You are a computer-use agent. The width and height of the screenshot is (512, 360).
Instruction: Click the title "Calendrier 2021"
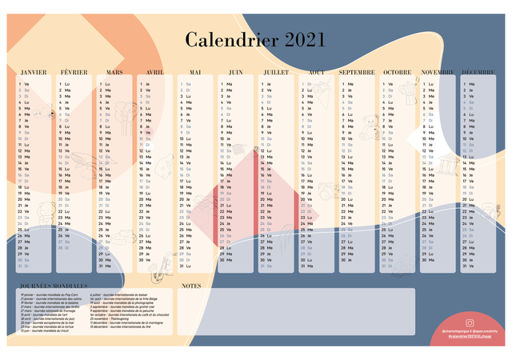(255, 40)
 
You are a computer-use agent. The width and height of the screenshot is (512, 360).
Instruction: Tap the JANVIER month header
(33, 72)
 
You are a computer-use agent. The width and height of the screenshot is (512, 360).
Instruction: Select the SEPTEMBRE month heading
(357, 72)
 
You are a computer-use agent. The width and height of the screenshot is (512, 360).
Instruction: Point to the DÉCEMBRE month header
(478, 72)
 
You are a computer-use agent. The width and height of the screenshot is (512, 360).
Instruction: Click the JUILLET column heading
(276, 72)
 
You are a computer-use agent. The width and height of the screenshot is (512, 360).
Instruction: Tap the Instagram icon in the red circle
(470, 323)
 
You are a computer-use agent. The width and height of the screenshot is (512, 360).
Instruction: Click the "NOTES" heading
(191, 285)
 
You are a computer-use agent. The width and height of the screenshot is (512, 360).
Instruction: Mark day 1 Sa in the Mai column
(186, 84)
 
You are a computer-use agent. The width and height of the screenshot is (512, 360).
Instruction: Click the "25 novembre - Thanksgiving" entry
(112, 318)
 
